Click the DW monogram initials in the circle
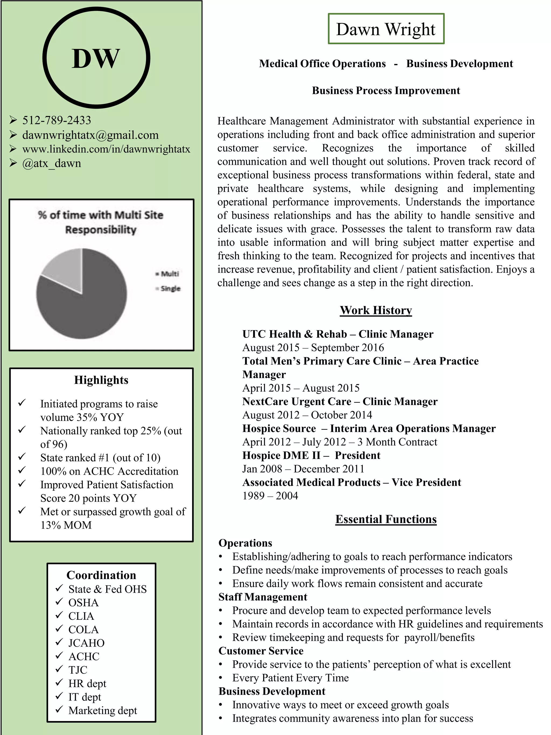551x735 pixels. pyautogui.click(x=96, y=59)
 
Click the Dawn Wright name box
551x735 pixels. pyautogui.click(x=386, y=29)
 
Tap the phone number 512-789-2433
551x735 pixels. pyautogui.click(x=56, y=120)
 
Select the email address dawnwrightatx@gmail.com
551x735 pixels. pyautogui.click(x=90, y=135)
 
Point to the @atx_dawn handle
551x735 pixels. pyautogui.click(x=51, y=163)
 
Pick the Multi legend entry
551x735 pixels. pyautogui.click(x=169, y=274)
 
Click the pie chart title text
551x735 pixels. pyautogui.click(x=101, y=222)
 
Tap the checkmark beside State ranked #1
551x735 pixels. pyautogui.click(x=22, y=457)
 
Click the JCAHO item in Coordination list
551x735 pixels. pyautogui.click(x=86, y=643)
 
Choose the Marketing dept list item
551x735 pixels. pyautogui.click(x=103, y=711)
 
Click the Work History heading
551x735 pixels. pyautogui.click(x=376, y=310)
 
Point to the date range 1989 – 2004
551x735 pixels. pyautogui.click(x=270, y=495)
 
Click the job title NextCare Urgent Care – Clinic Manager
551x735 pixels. pyautogui.click(x=340, y=401)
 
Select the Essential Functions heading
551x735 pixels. pyautogui.click(x=386, y=519)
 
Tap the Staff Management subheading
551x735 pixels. pyautogui.click(x=263, y=597)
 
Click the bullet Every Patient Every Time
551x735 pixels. pyautogui.click(x=290, y=677)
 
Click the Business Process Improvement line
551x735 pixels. pyautogui.click(x=386, y=90)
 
